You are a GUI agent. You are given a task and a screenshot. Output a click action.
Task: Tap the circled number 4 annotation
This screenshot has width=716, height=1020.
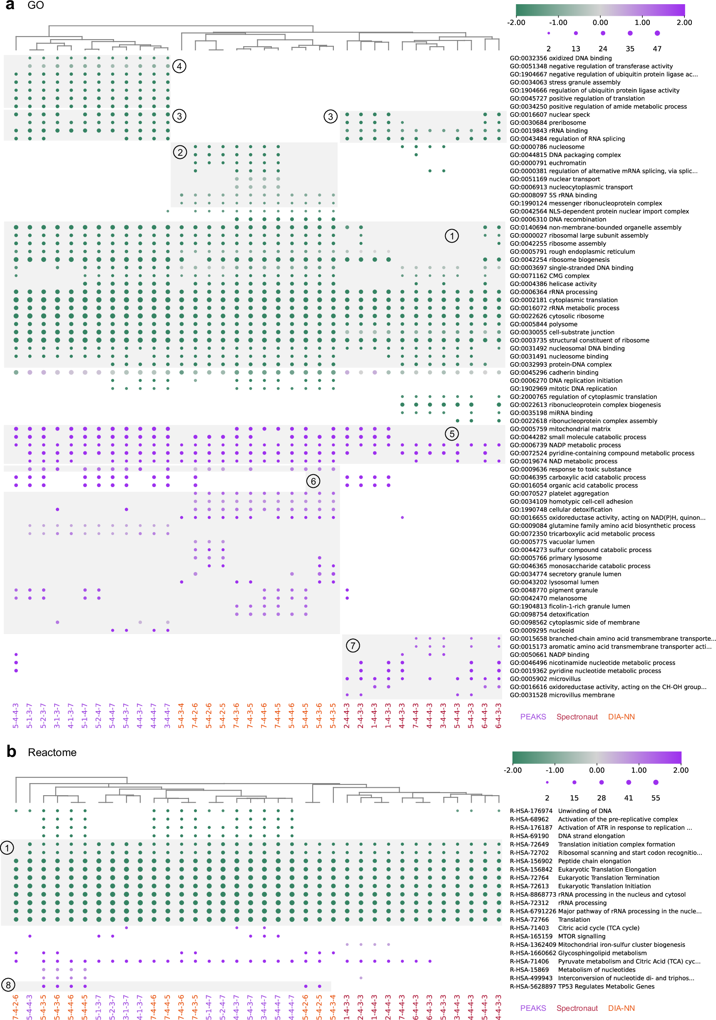179,67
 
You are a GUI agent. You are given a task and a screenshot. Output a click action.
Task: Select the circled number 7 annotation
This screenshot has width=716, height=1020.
353,645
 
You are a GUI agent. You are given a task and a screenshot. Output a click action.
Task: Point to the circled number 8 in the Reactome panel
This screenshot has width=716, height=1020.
8,985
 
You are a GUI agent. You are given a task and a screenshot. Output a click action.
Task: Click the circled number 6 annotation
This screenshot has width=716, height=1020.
313,481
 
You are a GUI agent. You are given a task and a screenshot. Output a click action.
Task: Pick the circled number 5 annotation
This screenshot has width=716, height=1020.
452,434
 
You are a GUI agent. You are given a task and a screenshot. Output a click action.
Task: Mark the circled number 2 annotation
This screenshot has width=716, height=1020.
180,152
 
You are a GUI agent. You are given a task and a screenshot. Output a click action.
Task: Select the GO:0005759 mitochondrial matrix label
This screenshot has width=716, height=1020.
559,429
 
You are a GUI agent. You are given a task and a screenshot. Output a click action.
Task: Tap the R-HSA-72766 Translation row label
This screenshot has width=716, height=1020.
550,920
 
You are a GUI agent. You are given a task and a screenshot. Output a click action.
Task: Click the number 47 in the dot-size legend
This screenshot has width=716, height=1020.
657,49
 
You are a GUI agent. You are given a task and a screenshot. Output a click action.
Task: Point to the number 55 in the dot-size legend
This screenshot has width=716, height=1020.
656,798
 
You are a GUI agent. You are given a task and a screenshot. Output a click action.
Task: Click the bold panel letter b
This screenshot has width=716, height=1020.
11,751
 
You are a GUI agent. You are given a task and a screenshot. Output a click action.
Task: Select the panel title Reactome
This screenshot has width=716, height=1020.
52,753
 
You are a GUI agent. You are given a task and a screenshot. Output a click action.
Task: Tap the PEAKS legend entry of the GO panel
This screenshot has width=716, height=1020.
533,717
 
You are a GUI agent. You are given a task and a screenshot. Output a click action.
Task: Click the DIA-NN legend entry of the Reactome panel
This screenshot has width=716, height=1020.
621,1008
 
